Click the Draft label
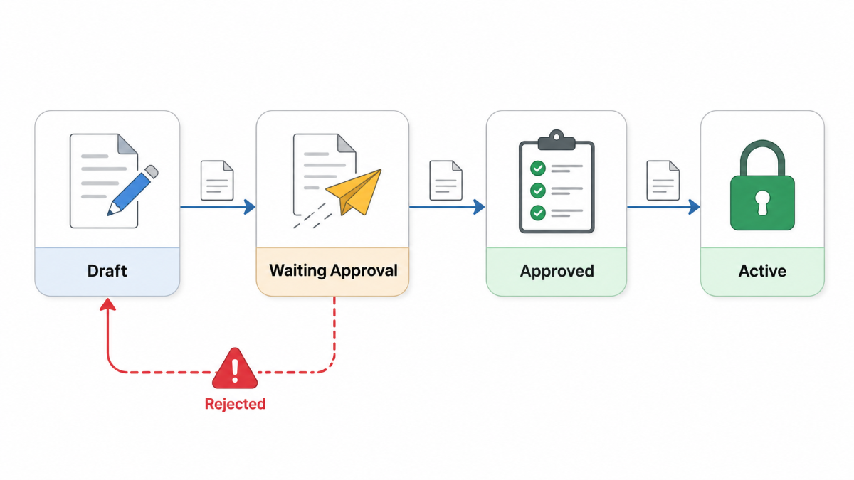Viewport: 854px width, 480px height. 107,271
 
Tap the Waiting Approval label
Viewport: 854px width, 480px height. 333,270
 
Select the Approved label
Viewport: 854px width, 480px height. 557,271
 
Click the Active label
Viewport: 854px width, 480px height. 762,271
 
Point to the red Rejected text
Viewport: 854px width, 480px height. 236,404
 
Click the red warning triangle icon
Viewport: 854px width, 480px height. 235,368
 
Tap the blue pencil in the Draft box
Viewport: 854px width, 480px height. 132,190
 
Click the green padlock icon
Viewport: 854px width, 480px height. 762,185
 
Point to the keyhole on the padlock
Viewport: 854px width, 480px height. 762,203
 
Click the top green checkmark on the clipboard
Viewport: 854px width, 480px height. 538,168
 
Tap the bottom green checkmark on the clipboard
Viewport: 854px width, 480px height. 538,213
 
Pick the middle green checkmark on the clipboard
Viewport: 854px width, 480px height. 538,190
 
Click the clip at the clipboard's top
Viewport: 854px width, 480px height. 557,140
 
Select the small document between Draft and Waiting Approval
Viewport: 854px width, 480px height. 217,181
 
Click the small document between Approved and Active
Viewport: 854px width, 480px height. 663,181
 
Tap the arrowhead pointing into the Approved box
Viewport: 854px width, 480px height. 479,207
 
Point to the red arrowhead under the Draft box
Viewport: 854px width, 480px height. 108,304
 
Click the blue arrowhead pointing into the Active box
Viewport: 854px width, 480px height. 694,207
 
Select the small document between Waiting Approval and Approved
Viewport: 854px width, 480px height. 446,181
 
